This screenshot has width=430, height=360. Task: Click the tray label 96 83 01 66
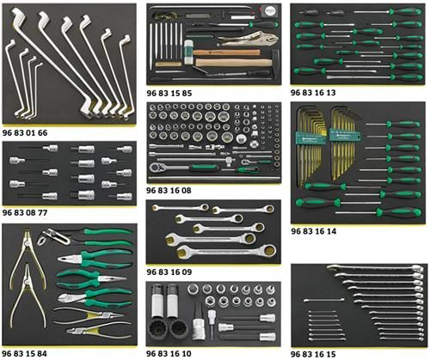point(25,133)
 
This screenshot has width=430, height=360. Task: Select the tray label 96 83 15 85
point(169,93)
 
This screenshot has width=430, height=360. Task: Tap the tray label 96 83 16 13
point(313,93)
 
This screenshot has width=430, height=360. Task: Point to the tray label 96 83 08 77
point(25,212)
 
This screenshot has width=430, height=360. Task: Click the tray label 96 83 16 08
point(169,191)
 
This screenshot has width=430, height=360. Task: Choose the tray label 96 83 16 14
point(314,231)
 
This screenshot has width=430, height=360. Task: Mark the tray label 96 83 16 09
point(169,272)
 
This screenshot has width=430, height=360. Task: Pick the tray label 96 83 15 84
point(25,353)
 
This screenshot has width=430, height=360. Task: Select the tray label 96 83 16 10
point(169,353)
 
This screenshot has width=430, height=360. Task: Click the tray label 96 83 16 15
point(313,354)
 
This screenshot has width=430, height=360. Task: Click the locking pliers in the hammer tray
point(248,40)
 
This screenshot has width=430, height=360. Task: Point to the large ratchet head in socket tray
point(157,167)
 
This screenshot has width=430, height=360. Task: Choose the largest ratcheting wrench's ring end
point(269,251)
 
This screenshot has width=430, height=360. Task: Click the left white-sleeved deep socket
point(157,301)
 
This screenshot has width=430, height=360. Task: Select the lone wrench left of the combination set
point(324,300)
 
